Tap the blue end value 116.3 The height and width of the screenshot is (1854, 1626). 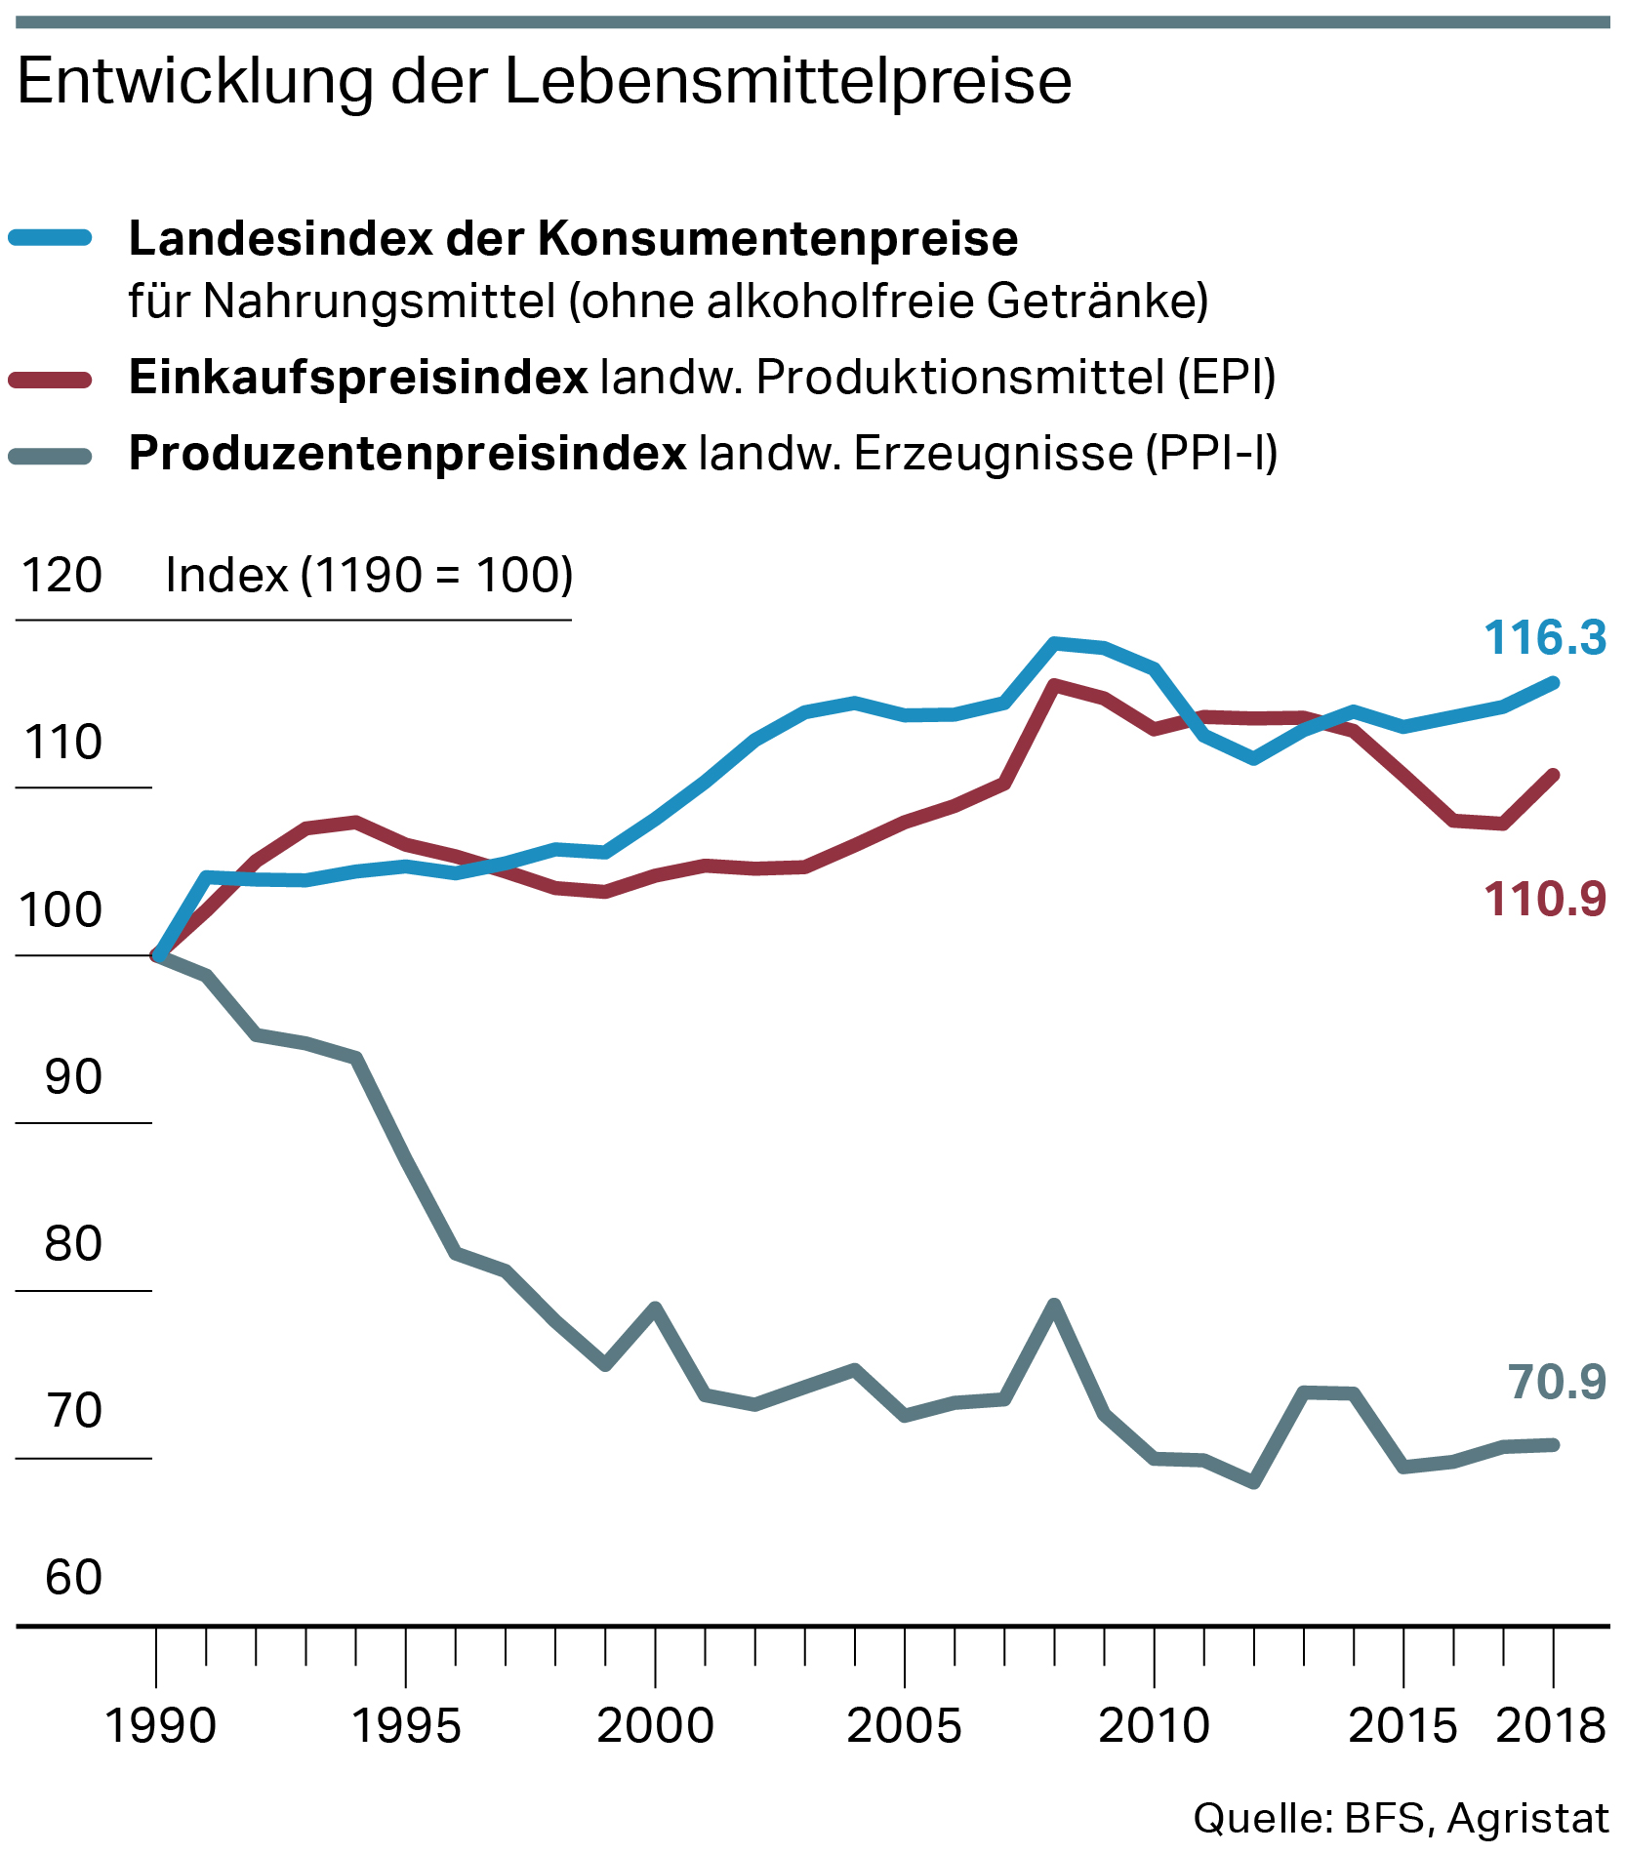pos(1544,638)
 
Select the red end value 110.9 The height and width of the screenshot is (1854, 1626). pos(1544,899)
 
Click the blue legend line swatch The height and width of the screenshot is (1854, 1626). pos(51,238)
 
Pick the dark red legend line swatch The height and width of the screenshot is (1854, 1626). pos(51,381)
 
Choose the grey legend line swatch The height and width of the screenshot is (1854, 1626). pos(51,456)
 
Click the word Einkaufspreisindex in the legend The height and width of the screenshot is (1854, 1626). pos(358,378)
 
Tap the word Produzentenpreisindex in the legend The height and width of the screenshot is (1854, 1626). pos(408,454)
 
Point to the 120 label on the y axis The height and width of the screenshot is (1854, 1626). pos(61,576)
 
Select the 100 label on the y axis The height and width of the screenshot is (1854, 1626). pos(61,910)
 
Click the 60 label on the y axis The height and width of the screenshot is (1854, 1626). pos(73,1578)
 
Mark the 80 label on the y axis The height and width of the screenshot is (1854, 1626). pos(73,1244)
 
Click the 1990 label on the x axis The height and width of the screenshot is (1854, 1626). pos(160,1726)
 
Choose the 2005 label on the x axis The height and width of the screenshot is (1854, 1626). pos(905,1726)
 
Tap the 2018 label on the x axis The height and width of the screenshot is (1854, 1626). pos(1551,1726)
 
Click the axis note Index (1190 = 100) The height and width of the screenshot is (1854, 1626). pos(369,576)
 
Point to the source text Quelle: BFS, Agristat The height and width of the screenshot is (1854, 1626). pos(1401,1819)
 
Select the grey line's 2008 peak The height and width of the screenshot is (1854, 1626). pos(1054,1306)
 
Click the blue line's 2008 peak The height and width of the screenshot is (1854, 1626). pos(1054,643)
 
